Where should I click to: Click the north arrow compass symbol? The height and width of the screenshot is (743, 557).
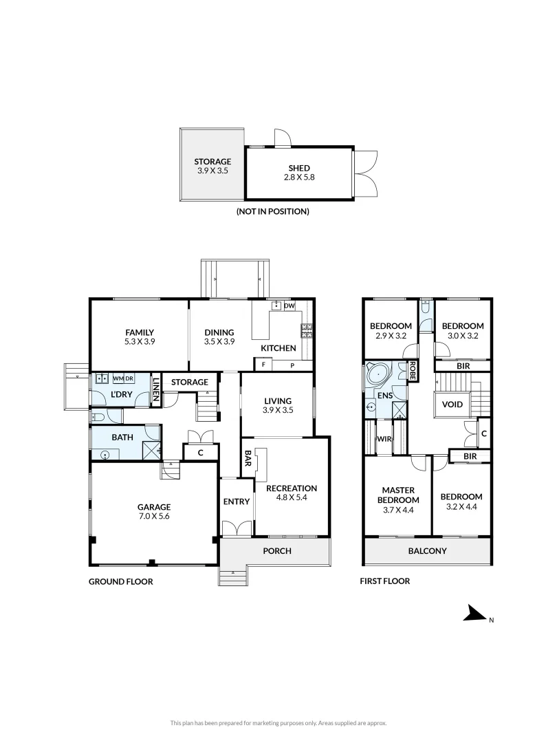pyautogui.click(x=474, y=613)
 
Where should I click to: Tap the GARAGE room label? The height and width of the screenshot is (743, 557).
pyautogui.click(x=154, y=507)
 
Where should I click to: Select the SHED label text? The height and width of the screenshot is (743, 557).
pyautogui.click(x=299, y=169)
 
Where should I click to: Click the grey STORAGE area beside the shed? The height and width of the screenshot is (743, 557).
pyautogui.click(x=212, y=164)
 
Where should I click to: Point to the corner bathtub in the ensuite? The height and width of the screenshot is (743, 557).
pyautogui.click(x=378, y=376)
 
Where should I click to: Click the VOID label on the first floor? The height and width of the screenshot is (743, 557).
pyautogui.click(x=452, y=405)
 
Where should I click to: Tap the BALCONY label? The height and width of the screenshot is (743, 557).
pyautogui.click(x=427, y=550)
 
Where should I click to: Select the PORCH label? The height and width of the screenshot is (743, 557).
pyautogui.click(x=277, y=550)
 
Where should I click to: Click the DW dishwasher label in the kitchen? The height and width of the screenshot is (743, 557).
pyautogui.click(x=290, y=306)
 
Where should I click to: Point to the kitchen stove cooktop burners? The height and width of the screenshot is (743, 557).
pyautogui.click(x=307, y=331)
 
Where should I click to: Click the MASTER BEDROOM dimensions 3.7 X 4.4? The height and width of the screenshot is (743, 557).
pyautogui.click(x=398, y=510)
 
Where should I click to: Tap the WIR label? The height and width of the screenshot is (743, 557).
pyautogui.click(x=384, y=439)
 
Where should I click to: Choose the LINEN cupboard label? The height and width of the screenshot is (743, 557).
pyautogui.click(x=156, y=389)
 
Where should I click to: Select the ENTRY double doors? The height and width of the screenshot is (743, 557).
pyautogui.click(x=237, y=528)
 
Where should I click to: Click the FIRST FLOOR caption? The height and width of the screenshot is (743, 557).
pyautogui.click(x=385, y=581)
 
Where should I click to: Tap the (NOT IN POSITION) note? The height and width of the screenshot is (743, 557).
pyautogui.click(x=273, y=211)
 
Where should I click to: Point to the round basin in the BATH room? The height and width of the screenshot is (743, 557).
pyautogui.click(x=105, y=455)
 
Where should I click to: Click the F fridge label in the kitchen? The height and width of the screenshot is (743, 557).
pyautogui.click(x=264, y=365)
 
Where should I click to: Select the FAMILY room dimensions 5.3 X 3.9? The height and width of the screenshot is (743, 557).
pyautogui.click(x=140, y=342)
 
